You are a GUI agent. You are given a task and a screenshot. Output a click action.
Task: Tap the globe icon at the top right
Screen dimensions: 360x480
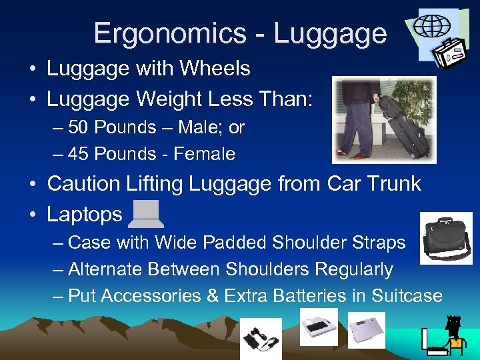[x=431, y=26]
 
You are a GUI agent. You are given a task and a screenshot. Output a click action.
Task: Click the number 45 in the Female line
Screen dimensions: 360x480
[x=79, y=154]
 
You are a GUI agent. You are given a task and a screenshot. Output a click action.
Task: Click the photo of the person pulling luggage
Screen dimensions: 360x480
[x=385, y=119]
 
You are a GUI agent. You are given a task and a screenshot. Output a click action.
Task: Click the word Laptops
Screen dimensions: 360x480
[x=85, y=214]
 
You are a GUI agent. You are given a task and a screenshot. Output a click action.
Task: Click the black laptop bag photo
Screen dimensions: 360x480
[x=447, y=238]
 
